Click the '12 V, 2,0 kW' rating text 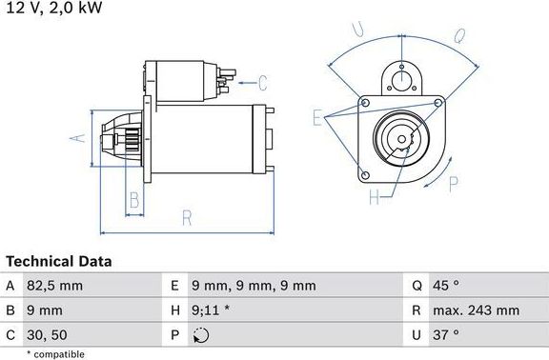coord(52,8)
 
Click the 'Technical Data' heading coord(59,261)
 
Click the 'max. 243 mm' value coord(478,310)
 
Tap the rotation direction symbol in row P coord(199,334)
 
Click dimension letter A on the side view coord(79,139)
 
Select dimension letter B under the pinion coord(134,200)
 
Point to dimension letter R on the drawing coord(187,218)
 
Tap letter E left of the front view coord(316,117)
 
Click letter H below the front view coord(374,197)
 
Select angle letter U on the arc coord(359,30)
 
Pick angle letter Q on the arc coord(458,35)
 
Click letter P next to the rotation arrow coord(454,183)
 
